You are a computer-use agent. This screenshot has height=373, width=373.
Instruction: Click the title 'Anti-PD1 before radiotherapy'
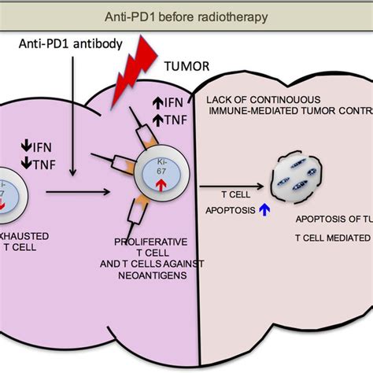tap(186, 17)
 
